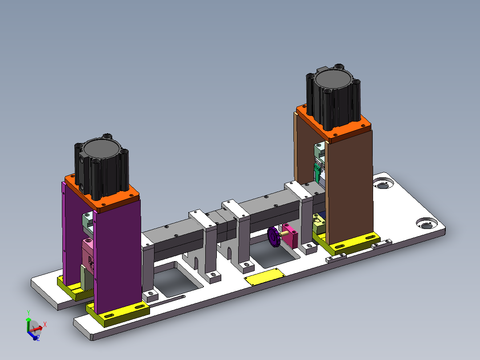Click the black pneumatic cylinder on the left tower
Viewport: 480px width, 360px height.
tap(101, 169)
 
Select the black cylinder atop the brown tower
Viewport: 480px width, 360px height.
tap(333, 100)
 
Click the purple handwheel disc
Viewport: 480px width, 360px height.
tap(273, 237)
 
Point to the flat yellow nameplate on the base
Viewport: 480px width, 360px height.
tap(264, 278)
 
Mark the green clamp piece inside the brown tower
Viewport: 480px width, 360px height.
tap(317, 172)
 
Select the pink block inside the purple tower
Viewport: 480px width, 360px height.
tap(87, 254)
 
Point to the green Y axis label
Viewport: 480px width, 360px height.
tap(28, 312)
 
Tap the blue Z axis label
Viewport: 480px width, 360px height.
tap(38, 339)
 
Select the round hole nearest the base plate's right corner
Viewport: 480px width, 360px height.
tap(427, 224)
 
